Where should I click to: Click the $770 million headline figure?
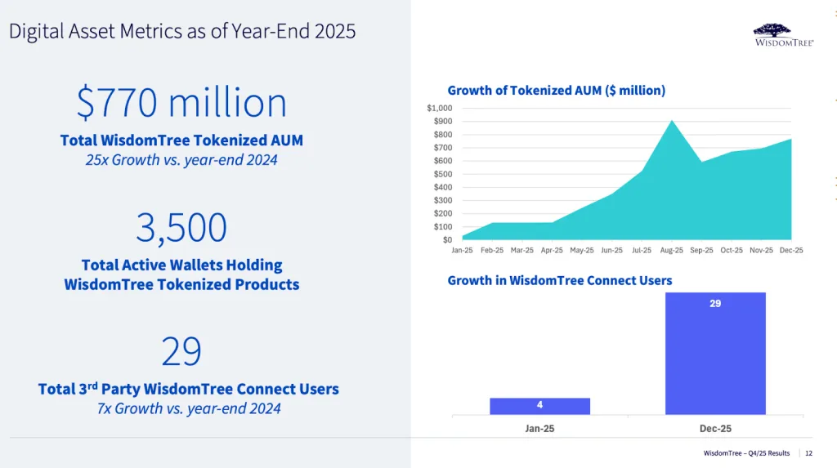(181, 104)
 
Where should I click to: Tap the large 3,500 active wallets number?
(181, 228)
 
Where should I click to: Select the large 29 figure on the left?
(181, 351)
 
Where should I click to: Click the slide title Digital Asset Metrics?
(182, 32)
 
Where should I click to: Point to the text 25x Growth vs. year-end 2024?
(181, 160)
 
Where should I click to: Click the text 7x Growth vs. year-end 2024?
(189, 408)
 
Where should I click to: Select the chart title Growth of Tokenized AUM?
(556, 91)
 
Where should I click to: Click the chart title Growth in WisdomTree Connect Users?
(559, 280)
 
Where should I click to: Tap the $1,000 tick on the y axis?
(440, 108)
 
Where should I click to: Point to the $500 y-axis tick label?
(442, 174)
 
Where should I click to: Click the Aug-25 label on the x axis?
(672, 250)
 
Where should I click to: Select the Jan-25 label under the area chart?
(462, 250)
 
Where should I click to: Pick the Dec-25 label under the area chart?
(790, 250)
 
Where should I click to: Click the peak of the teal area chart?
(672, 122)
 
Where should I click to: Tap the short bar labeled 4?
(539, 406)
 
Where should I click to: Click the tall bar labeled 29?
(715, 353)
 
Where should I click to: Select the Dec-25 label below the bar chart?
(715, 428)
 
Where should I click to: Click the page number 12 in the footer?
(808, 453)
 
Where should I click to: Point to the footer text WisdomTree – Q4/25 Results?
(746, 453)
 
